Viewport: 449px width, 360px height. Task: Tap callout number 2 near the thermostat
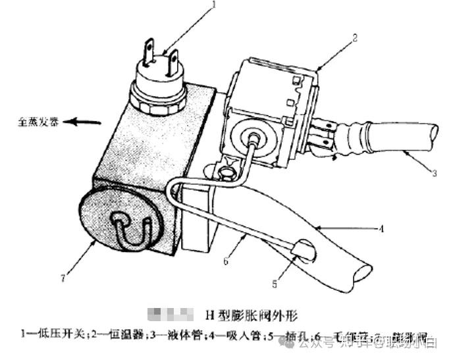pyautogui.click(x=354, y=38)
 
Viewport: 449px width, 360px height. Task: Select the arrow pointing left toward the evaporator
pyautogui.click(x=86, y=122)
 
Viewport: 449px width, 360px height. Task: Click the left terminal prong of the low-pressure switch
pyautogui.click(x=149, y=50)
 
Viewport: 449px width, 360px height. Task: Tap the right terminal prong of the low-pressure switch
pyautogui.click(x=173, y=61)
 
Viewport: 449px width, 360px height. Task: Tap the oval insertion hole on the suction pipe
pyautogui.click(x=305, y=251)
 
